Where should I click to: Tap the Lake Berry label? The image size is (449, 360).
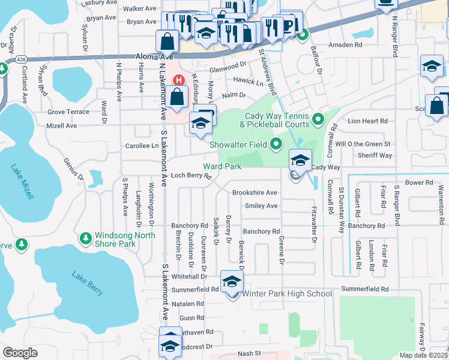88,283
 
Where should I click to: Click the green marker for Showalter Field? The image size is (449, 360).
276,143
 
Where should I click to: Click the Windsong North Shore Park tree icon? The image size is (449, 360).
86,238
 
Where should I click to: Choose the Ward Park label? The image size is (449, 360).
222,166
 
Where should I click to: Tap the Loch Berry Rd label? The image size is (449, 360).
191,176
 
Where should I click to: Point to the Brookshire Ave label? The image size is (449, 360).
255,193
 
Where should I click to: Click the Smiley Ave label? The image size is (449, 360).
262,206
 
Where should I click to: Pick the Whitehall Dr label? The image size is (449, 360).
189,277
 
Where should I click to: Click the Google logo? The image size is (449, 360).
20,353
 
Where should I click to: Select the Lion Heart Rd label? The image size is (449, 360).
368,121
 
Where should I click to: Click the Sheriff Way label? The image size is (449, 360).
372,155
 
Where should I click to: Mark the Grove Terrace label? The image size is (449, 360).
68,112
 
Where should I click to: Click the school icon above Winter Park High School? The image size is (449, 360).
232,281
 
